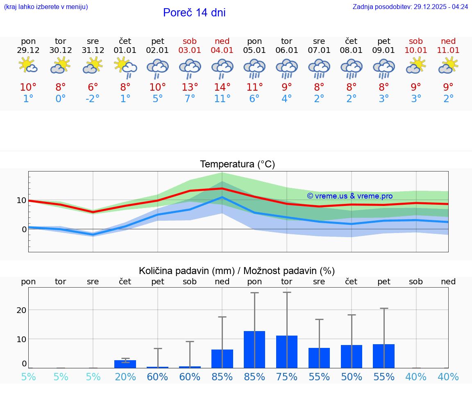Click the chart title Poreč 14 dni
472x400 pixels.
[x=194, y=13]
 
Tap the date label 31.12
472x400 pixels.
[x=93, y=50]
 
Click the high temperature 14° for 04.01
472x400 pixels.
[x=222, y=87]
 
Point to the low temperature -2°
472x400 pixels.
[x=93, y=99]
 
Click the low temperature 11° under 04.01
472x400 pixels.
[x=222, y=99]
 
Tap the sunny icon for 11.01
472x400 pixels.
[x=448, y=66]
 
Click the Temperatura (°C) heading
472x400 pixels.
[x=237, y=164]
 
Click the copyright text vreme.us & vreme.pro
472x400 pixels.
[x=349, y=196]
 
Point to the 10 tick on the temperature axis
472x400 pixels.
[x=21, y=200]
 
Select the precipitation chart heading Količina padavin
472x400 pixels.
[x=237, y=271]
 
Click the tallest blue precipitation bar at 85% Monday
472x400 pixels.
[x=254, y=349]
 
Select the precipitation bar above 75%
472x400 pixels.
[x=287, y=352]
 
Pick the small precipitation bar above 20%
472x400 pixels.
[x=125, y=364]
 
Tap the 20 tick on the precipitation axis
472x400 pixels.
[x=21, y=310]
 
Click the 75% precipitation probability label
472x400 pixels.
[x=287, y=377]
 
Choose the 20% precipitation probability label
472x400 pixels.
[x=125, y=377]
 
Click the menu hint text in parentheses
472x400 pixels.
[x=46, y=7]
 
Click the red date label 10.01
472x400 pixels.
[x=416, y=50]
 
